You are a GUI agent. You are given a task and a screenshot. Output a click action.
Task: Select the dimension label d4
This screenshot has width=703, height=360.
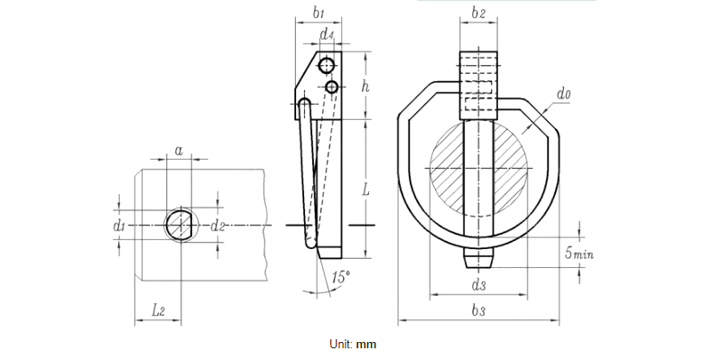pyautogui.click(x=328, y=36)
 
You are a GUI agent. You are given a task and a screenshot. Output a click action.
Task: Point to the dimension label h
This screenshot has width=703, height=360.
pyautogui.click(x=365, y=86)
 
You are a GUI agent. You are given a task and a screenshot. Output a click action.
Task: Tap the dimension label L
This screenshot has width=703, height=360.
pyautogui.click(x=365, y=189)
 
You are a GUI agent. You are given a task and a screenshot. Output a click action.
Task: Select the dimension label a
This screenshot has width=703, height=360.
pyautogui.click(x=180, y=151)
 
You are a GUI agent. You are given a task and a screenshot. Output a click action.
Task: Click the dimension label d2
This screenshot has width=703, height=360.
pyautogui.click(x=217, y=226)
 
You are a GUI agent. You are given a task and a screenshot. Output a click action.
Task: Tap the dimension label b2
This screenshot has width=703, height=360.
pyautogui.click(x=478, y=14)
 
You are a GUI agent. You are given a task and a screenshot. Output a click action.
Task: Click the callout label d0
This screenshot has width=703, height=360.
pyautogui.click(x=563, y=93)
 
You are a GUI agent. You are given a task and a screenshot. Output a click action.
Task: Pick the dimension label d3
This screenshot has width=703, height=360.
pyautogui.click(x=478, y=285)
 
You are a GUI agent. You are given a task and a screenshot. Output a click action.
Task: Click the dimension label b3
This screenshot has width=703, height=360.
pyautogui.click(x=478, y=310)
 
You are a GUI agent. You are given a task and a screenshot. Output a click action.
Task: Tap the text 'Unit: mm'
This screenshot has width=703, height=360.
pyautogui.click(x=352, y=344)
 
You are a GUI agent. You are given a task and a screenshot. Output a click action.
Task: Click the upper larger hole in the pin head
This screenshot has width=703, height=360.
pyautogui.click(x=327, y=65)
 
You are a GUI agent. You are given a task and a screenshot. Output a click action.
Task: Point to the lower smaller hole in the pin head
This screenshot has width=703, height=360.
pyautogui.click(x=332, y=87)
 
